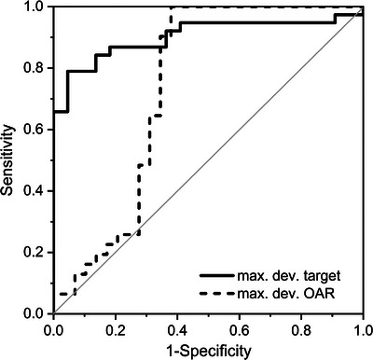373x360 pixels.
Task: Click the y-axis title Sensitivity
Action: point(9,159)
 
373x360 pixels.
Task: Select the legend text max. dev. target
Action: point(294,276)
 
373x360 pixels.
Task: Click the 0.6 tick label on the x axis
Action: point(240,329)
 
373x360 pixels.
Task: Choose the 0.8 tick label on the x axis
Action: point(301,329)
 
